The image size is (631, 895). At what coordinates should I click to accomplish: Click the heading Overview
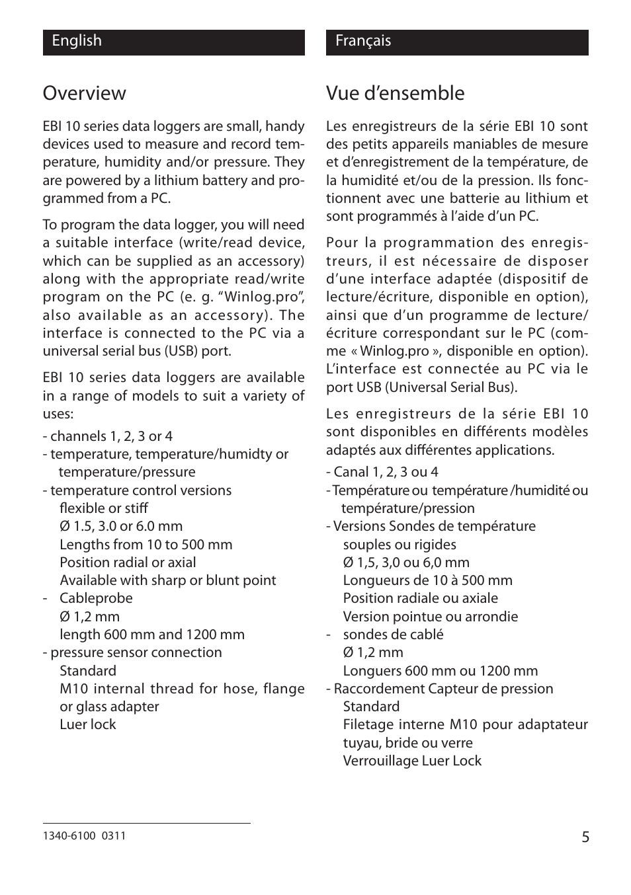pyautogui.click(x=84, y=93)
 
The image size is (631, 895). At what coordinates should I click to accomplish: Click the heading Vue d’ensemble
pyautogui.click(x=395, y=93)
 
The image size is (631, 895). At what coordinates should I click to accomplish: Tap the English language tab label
pyautogui.click(x=77, y=41)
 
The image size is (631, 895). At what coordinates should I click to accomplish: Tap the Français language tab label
pyautogui.click(x=362, y=41)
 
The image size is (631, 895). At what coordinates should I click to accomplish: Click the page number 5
pyautogui.click(x=585, y=837)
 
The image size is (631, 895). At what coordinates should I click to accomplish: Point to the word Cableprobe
pyautogui.click(x=96, y=598)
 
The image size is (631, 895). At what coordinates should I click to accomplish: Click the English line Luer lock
pyautogui.click(x=87, y=724)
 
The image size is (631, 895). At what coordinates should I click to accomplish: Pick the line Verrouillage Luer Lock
pyautogui.click(x=411, y=761)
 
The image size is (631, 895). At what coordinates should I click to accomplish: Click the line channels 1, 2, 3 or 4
pyautogui.click(x=108, y=436)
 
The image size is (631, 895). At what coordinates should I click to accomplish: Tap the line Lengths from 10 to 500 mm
pyautogui.click(x=146, y=545)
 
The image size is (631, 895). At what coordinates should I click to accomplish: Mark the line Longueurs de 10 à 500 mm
pyautogui.click(x=427, y=580)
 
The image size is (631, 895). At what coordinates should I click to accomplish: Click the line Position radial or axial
pyautogui.click(x=128, y=563)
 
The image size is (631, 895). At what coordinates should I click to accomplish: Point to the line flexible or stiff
pyautogui.click(x=103, y=508)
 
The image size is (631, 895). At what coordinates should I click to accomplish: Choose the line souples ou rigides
pyautogui.click(x=399, y=545)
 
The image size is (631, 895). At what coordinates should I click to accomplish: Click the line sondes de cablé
pyautogui.click(x=393, y=635)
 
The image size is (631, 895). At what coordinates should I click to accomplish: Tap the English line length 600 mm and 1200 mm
pyautogui.click(x=151, y=635)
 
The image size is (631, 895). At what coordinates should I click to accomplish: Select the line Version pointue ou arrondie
pyautogui.click(x=430, y=617)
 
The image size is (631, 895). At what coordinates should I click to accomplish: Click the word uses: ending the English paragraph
pyautogui.click(x=58, y=414)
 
